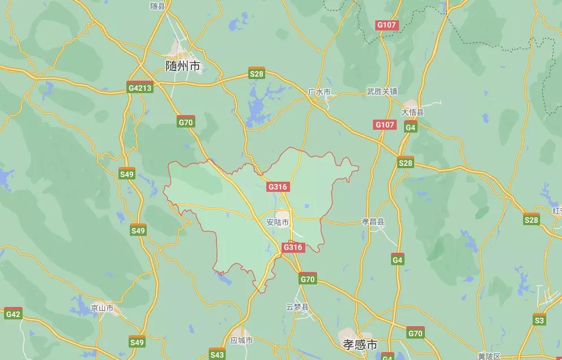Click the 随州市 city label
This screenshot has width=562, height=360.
click(183, 66)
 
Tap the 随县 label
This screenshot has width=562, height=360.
click(157, 6)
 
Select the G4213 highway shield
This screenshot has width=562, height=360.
click(140, 87)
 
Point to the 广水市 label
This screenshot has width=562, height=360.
click(319, 91)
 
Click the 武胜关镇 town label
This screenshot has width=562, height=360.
click(382, 91)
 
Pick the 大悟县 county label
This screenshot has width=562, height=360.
click(412, 112)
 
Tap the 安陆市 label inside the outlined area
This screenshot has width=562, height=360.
click(278, 222)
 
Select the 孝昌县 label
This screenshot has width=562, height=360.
click(372, 222)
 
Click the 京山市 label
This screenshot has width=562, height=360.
click(102, 308)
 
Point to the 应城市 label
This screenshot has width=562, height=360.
click(242, 340)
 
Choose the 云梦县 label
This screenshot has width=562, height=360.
click(297, 307)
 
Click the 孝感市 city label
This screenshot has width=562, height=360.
click(360, 344)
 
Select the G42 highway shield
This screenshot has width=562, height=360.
click(13, 314)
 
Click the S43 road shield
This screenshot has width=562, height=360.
click(217, 354)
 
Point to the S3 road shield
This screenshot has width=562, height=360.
click(539, 320)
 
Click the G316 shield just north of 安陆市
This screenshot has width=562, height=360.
click(278, 187)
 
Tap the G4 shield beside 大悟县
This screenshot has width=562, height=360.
click(411, 128)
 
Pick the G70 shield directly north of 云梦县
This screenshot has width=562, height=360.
click(308, 279)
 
